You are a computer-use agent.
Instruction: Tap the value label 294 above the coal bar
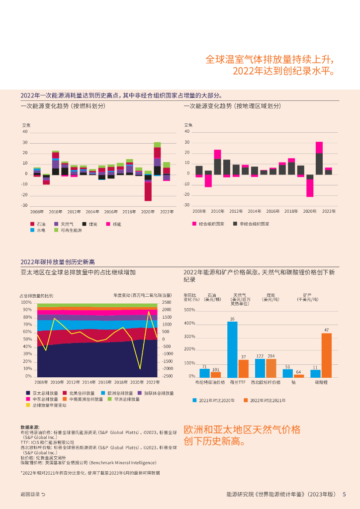[271, 356]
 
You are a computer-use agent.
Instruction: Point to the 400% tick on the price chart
[189, 324]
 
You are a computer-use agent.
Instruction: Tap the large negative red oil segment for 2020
[148, 191]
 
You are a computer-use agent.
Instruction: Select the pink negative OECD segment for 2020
[310, 188]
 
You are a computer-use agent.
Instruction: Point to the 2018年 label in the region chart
[291, 211]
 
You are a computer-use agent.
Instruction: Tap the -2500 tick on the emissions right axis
[167, 376]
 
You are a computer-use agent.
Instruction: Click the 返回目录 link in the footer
[33, 494]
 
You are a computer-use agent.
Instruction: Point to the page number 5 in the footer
[344, 494]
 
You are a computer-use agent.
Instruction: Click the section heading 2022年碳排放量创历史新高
[57, 262]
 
